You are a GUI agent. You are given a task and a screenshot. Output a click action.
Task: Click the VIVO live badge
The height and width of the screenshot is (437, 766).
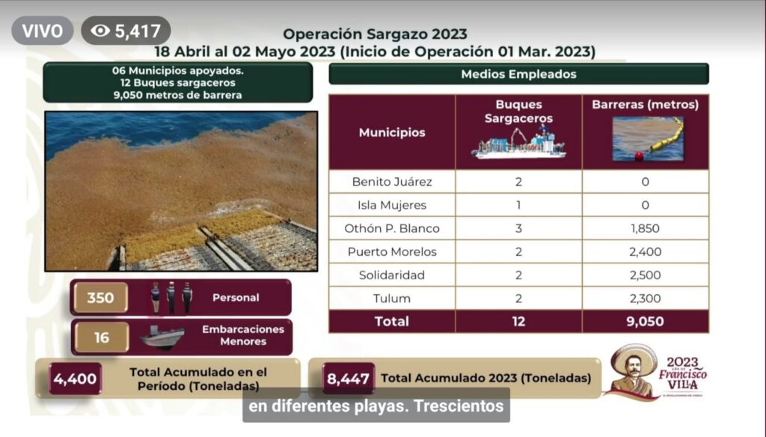[43, 31]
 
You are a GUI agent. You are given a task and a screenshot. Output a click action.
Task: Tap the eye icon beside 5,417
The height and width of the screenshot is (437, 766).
[100, 31]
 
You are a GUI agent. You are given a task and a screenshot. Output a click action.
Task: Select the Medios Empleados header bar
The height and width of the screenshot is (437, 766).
[518, 74]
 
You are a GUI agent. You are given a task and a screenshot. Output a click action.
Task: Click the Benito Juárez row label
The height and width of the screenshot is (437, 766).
[392, 182]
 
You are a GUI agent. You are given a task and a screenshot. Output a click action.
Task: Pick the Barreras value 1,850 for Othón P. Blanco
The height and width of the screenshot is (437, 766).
[645, 228]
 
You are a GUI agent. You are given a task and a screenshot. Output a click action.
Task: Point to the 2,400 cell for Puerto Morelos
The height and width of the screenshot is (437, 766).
[645, 251]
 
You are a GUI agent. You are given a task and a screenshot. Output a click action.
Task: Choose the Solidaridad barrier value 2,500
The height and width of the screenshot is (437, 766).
[645, 275]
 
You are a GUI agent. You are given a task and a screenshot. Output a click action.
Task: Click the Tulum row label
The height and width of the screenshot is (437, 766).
[392, 298]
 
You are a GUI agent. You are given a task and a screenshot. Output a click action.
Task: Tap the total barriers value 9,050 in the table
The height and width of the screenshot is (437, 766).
[645, 321]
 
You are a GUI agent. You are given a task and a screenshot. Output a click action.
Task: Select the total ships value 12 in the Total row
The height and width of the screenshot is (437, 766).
[518, 321]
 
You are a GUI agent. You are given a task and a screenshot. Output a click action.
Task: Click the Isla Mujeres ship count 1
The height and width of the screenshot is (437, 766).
[518, 205]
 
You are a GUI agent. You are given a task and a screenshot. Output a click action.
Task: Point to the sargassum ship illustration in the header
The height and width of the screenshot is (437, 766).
[518, 142]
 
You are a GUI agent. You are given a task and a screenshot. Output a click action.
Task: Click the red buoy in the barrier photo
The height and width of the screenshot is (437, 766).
[639, 156]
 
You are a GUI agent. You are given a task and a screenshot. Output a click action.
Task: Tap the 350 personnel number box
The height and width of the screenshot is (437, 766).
[101, 297]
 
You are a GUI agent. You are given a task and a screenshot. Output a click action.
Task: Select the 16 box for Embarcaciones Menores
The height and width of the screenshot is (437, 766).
[101, 337]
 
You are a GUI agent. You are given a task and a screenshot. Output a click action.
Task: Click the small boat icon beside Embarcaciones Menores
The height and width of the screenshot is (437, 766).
[162, 337]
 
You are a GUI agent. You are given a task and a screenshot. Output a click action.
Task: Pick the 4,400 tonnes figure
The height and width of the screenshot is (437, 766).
[75, 379]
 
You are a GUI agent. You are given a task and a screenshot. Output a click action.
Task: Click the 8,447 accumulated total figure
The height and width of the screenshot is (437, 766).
[348, 379]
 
